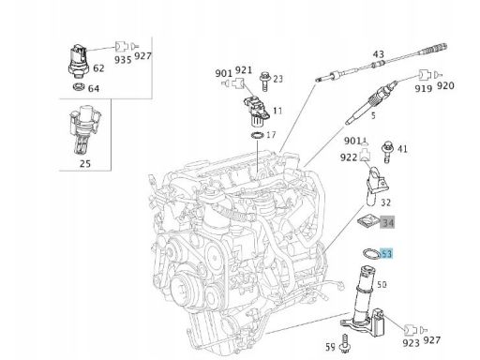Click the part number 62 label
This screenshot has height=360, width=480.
(x=98, y=68)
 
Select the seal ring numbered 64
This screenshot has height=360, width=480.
(x=79, y=86)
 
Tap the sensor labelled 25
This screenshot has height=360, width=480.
(x=85, y=130)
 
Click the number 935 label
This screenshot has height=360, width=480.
(x=123, y=60)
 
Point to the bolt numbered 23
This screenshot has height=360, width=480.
(x=264, y=82)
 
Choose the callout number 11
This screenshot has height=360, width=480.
(x=277, y=111)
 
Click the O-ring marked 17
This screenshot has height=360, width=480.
(x=257, y=136)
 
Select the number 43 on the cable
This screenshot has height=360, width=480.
(x=378, y=54)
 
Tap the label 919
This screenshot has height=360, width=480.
(x=424, y=89)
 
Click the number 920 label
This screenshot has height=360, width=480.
(x=445, y=85)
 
